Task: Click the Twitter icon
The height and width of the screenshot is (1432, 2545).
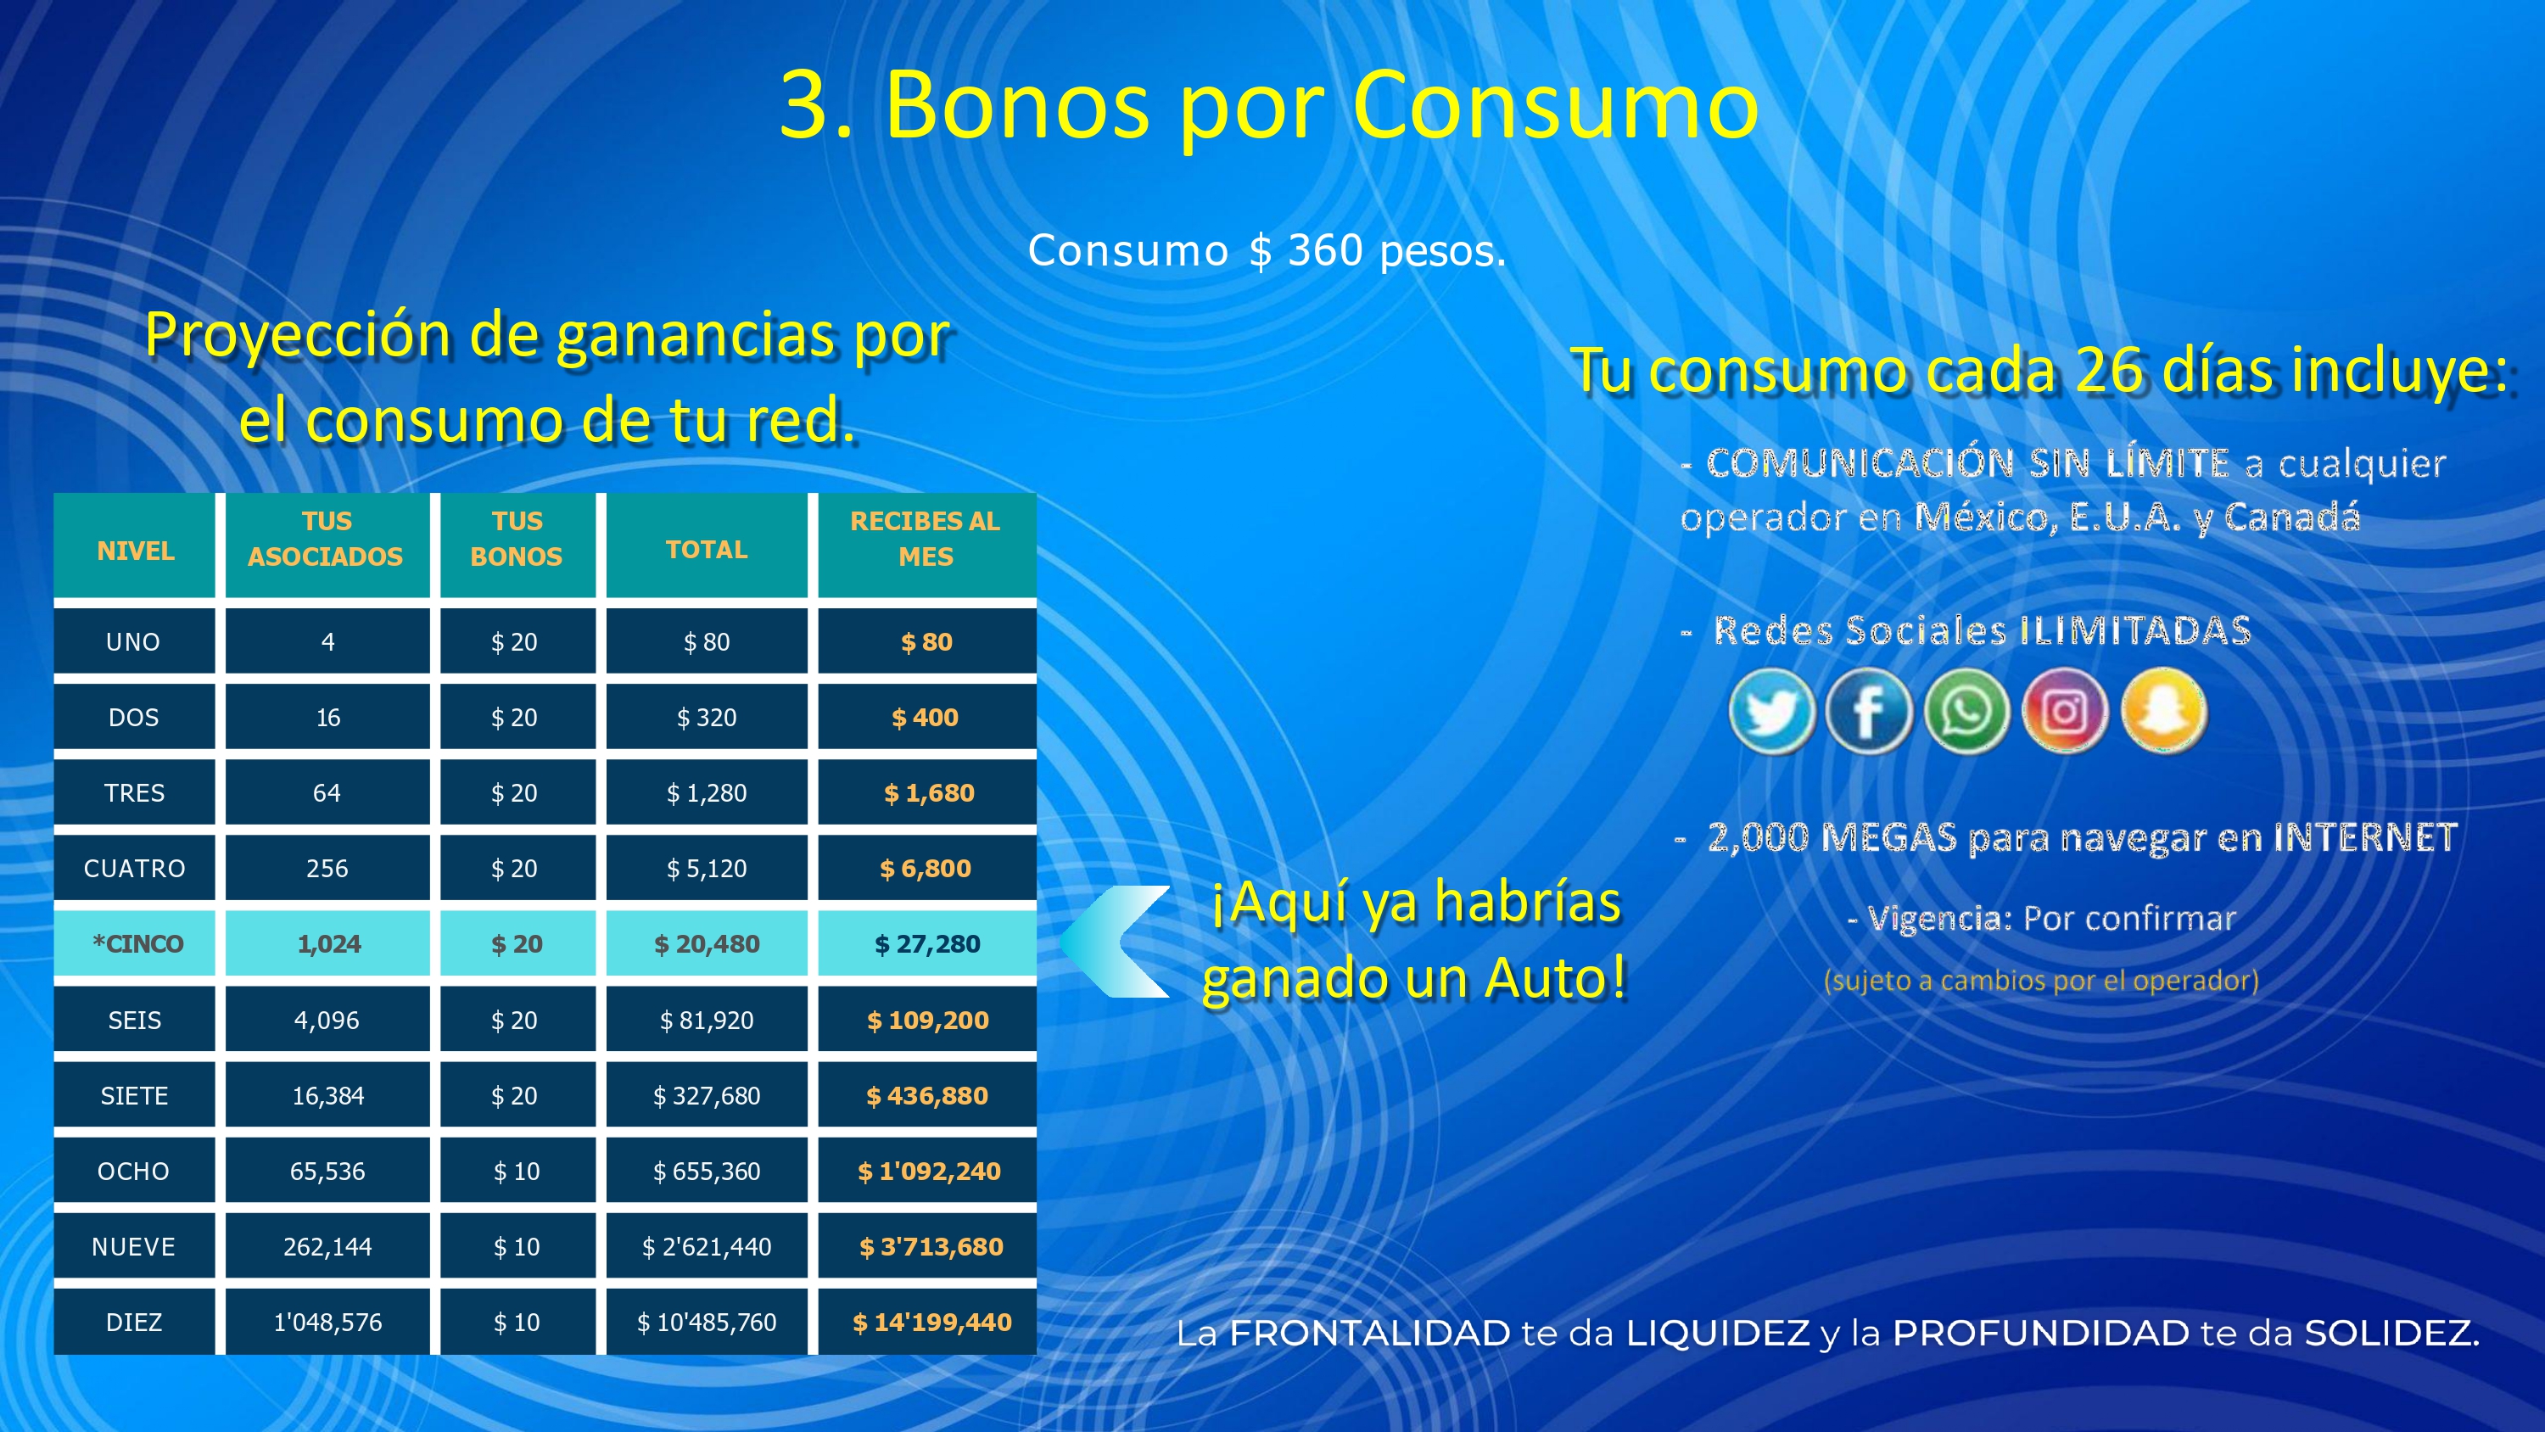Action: pos(1771,712)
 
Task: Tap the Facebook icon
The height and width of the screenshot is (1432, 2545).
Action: pos(1868,712)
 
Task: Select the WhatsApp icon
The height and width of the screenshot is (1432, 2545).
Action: pos(1966,712)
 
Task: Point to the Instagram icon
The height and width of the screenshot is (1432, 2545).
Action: pos(2064,712)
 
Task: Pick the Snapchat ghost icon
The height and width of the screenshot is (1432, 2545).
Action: pos(2162,712)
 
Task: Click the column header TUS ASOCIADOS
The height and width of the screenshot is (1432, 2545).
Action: pos(326,539)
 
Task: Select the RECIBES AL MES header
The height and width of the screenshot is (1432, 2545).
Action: pos(926,539)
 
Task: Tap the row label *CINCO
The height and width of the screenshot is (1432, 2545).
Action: pos(137,944)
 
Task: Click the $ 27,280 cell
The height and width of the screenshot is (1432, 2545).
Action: pos(926,944)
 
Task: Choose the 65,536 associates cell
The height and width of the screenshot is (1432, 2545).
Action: pos(327,1171)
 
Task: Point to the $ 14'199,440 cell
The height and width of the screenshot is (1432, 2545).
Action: pos(931,1323)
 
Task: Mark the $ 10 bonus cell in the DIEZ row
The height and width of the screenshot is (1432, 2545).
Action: pos(517,1323)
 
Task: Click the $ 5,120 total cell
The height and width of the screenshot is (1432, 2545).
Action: pos(707,869)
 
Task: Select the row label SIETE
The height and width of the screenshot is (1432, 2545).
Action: pos(134,1096)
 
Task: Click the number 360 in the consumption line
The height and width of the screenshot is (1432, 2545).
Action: pos(1326,250)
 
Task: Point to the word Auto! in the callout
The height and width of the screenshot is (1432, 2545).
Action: pos(1555,978)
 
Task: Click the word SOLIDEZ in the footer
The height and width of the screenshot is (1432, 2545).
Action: pos(2391,1334)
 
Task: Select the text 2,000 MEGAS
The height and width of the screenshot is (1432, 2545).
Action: pos(1832,838)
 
